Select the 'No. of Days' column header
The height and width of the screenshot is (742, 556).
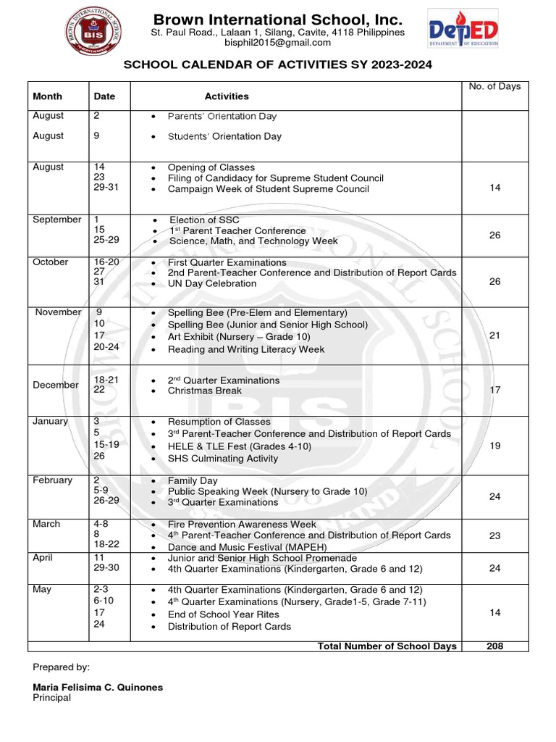point(494,86)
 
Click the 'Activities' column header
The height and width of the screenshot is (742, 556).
point(227,96)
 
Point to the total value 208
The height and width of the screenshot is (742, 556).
point(495,646)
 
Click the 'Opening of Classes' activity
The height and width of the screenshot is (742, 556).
point(211,167)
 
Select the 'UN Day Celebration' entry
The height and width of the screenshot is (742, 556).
point(212,284)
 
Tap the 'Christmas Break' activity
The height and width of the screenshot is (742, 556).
point(205,391)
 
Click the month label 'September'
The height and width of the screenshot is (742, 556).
point(57,220)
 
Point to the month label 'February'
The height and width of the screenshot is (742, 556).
point(53,480)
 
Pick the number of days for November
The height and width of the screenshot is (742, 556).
point(495,335)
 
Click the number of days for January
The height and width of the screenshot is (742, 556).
point(495,446)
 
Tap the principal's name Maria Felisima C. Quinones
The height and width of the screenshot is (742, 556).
point(98,687)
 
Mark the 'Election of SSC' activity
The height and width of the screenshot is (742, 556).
point(204,220)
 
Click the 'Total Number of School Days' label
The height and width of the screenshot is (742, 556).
point(387,646)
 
